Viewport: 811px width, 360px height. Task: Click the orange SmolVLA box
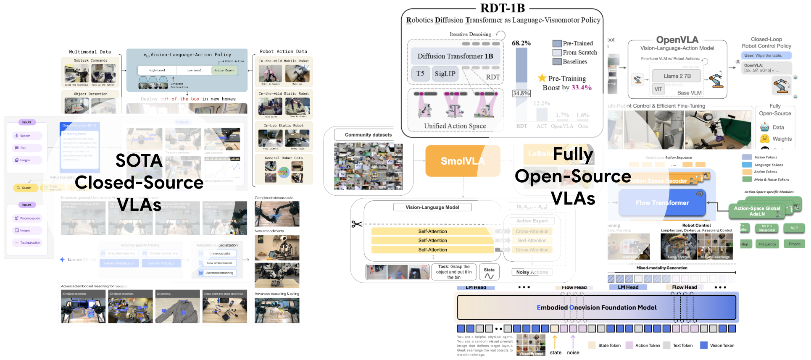tap(463, 161)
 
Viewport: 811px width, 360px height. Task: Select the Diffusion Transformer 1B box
tap(455, 56)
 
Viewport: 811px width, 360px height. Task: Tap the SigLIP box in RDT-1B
tap(445, 74)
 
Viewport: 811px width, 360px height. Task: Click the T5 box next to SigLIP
tap(420, 74)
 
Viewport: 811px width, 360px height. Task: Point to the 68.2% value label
tap(521, 43)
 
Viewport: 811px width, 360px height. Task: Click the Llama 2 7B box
tap(677, 76)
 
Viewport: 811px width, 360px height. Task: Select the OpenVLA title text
tap(677, 40)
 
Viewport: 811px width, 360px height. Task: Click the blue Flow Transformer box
tap(662, 202)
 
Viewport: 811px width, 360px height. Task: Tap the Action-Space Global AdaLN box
tap(757, 211)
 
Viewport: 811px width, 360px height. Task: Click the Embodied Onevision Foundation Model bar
tap(596, 307)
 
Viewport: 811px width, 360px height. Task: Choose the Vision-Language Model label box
tap(432, 207)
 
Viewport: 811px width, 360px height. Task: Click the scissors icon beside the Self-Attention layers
tap(357, 224)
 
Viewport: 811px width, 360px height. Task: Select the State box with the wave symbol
tap(489, 273)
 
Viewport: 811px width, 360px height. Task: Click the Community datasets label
tap(368, 135)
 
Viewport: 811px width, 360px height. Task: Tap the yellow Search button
tap(25, 188)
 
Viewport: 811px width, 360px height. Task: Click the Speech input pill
tap(26, 136)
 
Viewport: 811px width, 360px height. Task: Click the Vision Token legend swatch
tap(704, 345)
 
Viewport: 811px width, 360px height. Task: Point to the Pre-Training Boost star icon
tap(542, 78)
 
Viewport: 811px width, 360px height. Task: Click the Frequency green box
tap(767, 244)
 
